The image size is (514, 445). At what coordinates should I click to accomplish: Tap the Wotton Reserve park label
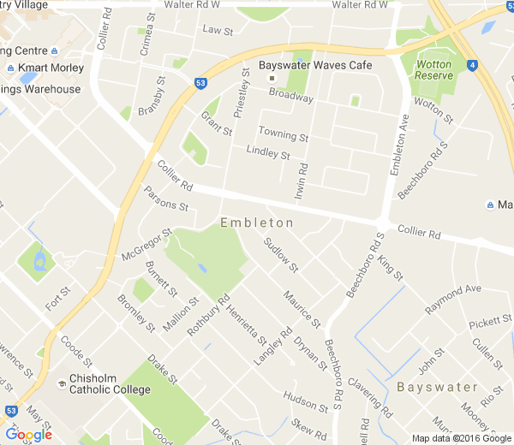point(433,70)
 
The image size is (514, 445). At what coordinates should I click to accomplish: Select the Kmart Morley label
point(56,68)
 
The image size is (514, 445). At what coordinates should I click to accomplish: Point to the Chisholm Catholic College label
point(110,383)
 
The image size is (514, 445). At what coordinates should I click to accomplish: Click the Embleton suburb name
point(257,222)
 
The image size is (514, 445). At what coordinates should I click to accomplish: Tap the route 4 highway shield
point(472,64)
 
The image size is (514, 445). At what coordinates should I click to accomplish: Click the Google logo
point(28,434)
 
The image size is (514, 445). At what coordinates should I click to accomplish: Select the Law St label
point(218,30)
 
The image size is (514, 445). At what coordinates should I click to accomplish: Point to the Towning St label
point(284,134)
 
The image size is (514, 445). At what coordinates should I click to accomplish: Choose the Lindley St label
point(268,153)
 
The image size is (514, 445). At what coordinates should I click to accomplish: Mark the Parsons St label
point(165,199)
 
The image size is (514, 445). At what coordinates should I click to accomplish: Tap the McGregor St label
point(146,244)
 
